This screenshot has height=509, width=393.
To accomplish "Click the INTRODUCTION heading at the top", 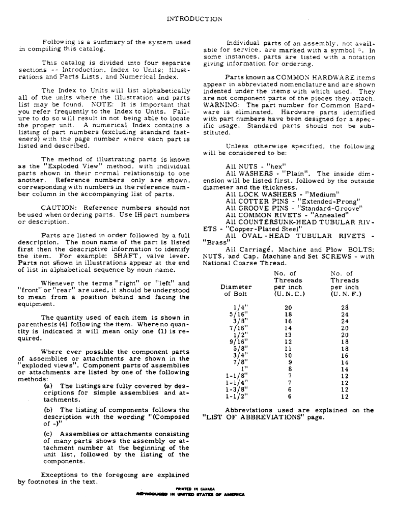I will coord(195,19).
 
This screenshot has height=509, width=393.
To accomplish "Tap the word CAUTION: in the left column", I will coord(58,208).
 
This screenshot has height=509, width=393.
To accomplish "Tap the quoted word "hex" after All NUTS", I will coord(277,166).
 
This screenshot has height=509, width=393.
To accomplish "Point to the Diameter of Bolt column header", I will coord(235,290).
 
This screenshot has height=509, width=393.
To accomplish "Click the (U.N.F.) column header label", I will coord(344,294).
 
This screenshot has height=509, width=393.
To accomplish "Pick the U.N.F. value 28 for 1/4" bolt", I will coord(345,307).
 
